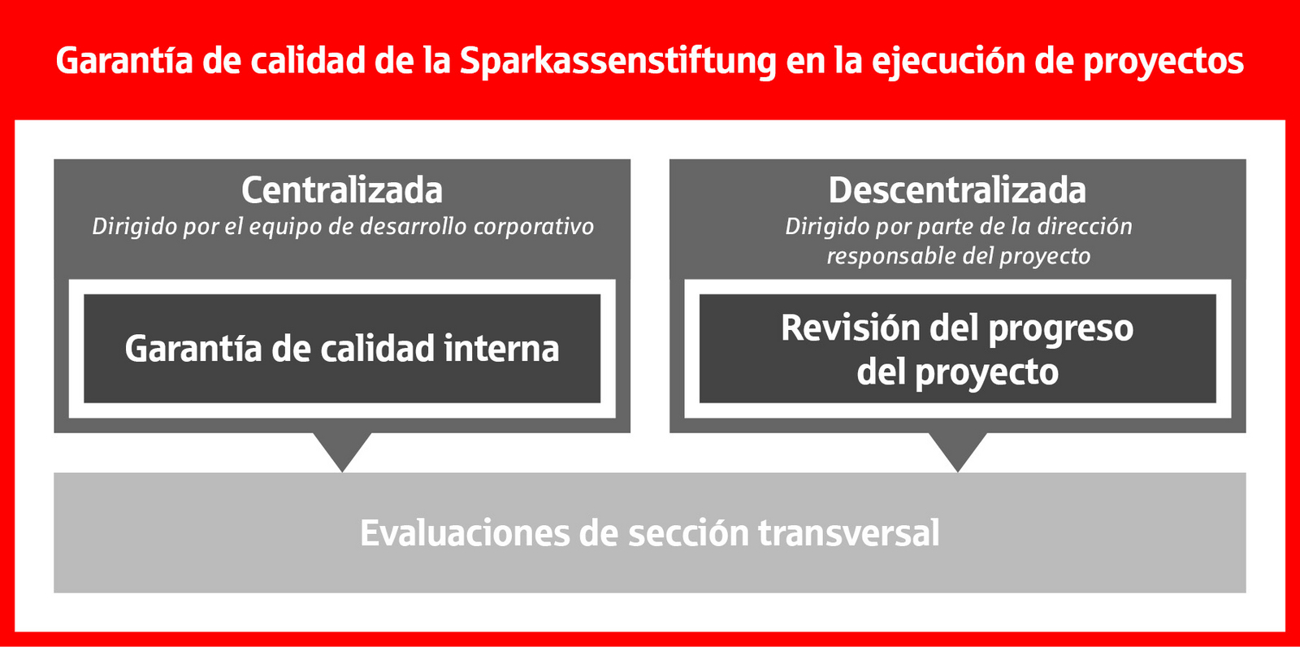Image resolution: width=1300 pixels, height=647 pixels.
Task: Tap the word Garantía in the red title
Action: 124,60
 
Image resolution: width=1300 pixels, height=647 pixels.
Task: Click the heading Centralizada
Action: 342,190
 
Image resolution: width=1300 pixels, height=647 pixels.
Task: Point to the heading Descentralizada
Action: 957,190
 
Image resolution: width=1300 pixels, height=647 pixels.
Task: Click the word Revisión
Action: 850,328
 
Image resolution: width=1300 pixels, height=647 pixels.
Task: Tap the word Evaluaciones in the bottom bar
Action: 465,533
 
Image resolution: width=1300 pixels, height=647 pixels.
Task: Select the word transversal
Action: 848,533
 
